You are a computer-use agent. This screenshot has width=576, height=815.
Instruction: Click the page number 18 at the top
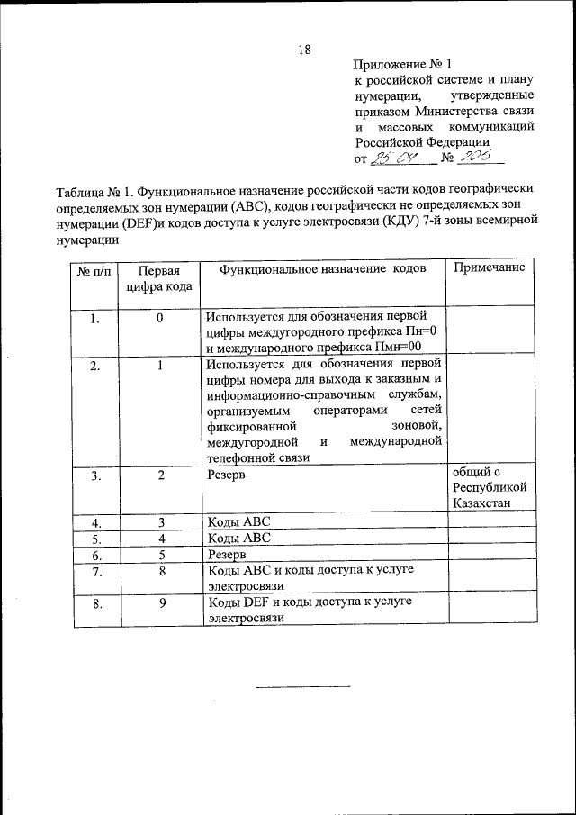(x=304, y=51)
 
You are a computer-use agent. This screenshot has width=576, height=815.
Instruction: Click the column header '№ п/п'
(x=94, y=270)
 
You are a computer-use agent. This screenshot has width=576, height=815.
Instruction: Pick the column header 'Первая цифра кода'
(x=159, y=278)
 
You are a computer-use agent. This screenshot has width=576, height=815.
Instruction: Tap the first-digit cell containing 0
(x=159, y=318)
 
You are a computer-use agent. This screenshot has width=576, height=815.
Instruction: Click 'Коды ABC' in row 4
(x=238, y=522)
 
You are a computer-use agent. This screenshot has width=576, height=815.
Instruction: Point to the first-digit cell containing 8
(x=160, y=571)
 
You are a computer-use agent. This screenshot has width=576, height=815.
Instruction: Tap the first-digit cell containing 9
(x=160, y=603)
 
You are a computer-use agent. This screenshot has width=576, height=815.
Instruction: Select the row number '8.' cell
(x=96, y=603)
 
